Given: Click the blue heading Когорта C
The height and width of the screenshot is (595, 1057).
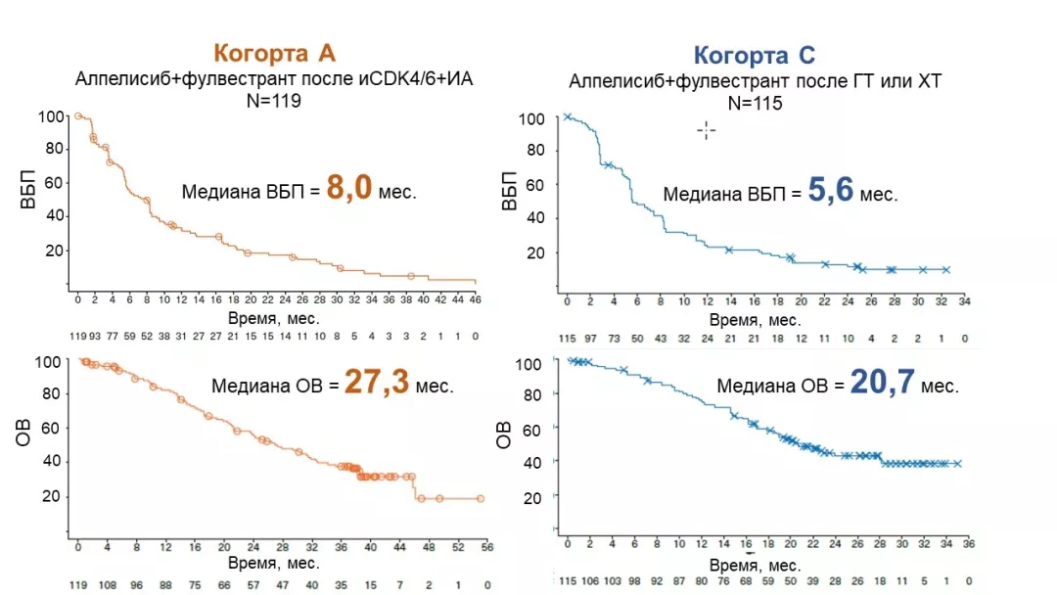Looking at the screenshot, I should tap(754, 56).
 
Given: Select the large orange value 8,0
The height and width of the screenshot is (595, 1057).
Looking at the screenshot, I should tap(349, 188).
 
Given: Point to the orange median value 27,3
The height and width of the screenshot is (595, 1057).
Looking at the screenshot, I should tap(374, 383).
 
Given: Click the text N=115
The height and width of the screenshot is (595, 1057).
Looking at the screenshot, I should tap(755, 103).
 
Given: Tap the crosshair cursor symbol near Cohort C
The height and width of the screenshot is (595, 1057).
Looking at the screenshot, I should tap(706, 130).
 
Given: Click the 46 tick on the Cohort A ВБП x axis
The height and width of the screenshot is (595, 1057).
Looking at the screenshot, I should tap(476, 299).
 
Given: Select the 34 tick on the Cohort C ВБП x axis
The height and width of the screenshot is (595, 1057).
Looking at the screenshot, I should tap(964, 302).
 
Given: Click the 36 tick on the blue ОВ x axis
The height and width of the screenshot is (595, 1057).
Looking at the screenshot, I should tap(967, 543).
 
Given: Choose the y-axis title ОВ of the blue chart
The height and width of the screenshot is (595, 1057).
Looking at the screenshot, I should tap(504, 435).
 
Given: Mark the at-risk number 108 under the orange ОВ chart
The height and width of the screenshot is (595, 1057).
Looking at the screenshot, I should tap(106, 586).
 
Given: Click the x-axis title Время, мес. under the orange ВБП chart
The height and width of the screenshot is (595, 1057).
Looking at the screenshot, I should tap(274, 319).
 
